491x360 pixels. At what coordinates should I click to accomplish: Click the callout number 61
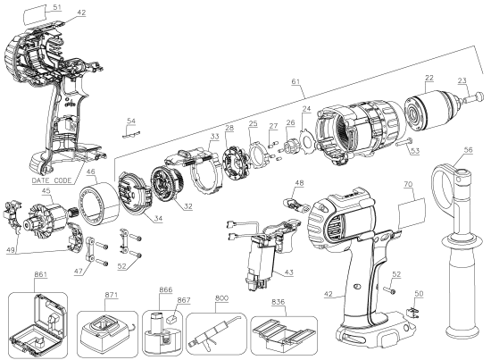[295, 81]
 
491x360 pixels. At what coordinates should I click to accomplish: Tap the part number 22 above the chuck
[429, 78]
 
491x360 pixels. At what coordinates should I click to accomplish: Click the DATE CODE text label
[52, 180]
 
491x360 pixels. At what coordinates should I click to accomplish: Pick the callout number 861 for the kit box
[41, 274]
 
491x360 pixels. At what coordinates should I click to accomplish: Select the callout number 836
[278, 302]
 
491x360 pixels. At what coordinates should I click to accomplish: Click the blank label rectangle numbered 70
[412, 213]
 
